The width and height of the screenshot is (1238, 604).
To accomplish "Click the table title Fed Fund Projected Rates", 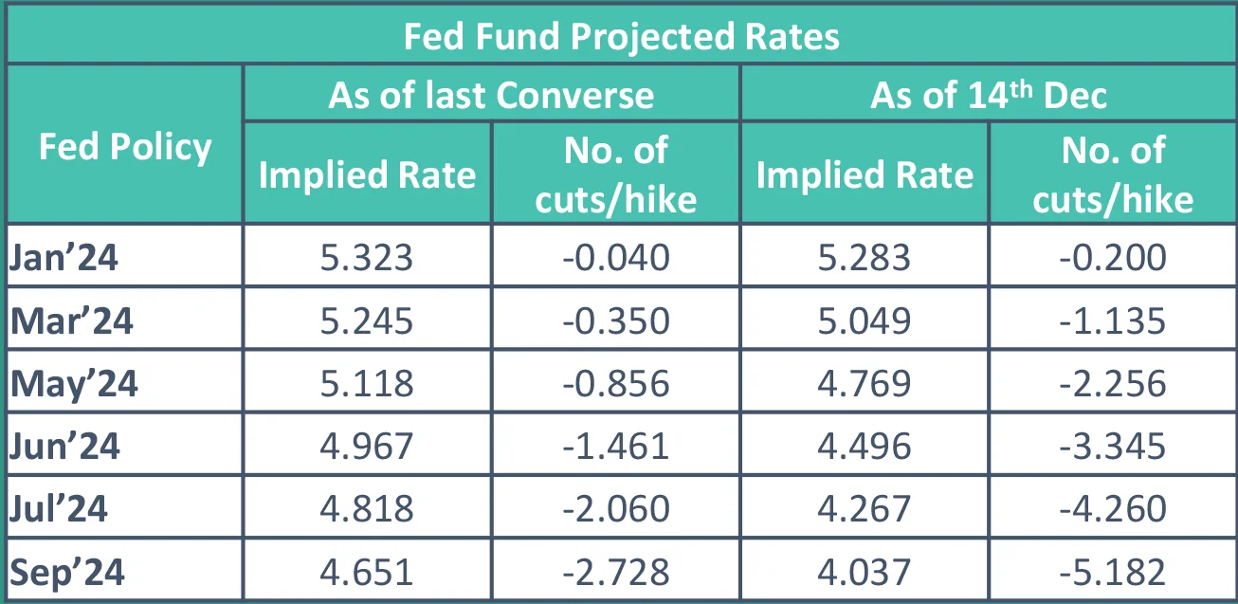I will pyautogui.click(x=621, y=37).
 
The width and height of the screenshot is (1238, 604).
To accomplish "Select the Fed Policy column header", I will pyautogui.click(x=125, y=147).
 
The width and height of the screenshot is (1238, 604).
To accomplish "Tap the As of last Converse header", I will pyautogui.click(x=491, y=96).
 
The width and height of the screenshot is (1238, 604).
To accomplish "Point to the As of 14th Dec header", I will pyautogui.click(x=988, y=96).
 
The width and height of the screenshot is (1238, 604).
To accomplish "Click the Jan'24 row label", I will pyautogui.click(x=64, y=258).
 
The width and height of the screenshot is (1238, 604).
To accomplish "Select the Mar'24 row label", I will pyautogui.click(x=72, y=320).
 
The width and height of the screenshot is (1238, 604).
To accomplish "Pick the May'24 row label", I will pyautogui.click(x=75, y=383).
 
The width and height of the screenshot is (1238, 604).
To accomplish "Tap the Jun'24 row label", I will pyautogui.click(x=65, y=446).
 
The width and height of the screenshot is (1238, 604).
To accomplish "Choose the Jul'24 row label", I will pyautogui.click(x=60, y=509).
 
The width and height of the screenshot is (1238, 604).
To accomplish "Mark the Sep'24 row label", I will pyautogui.click(x=68, y=573).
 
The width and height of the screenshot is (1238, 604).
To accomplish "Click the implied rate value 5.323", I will pyautogui.click(x=367, y=258).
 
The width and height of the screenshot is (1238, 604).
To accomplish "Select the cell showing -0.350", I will pyautogui.click(x=615, y=320).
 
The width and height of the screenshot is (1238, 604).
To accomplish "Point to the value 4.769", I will pyautogui.click(x=865, y=383).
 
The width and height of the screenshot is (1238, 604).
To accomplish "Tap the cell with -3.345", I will pyautogui.click(x=1113, y=446).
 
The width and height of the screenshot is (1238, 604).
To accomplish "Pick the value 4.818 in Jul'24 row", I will pyautogui.click(x=367, y=509).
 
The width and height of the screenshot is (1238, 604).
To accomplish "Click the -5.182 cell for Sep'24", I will pyautogui.click(x=1113, y=573).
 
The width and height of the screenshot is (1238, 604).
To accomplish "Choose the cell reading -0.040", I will pyautogui.click(x=615, y=258).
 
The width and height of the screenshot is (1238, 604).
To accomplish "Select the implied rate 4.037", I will pyautogui.click(x=865, y=573).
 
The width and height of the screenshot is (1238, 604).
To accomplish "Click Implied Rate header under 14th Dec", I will pyautogui.click(x=865, y=175).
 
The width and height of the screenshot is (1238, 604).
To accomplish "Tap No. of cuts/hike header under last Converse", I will pyautogui.click(x=615, y=174).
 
